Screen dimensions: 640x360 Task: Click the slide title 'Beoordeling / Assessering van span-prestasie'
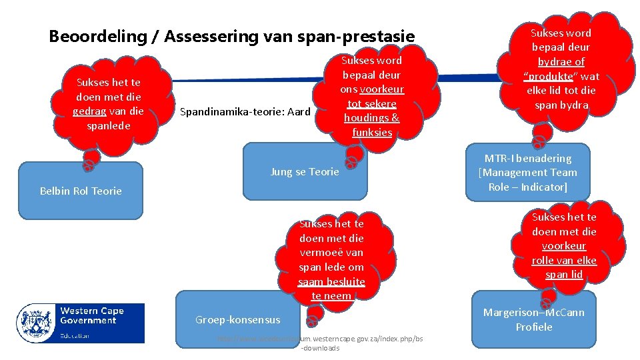231,36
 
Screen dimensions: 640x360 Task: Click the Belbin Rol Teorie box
81,191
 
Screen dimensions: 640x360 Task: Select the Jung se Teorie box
305,171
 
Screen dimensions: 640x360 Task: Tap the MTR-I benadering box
527,173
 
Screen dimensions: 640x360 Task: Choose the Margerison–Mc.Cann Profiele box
533,319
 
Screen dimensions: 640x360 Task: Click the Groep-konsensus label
237,320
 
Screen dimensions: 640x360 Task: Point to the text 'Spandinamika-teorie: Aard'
245,111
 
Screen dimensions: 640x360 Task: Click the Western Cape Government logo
81,323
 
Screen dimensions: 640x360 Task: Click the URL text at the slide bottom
320,343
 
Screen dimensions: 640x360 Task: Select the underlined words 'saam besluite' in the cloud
331,281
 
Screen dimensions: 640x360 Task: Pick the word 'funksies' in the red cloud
371,132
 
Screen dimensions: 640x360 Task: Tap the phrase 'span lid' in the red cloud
563,275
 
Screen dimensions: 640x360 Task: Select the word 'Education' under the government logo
75,335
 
